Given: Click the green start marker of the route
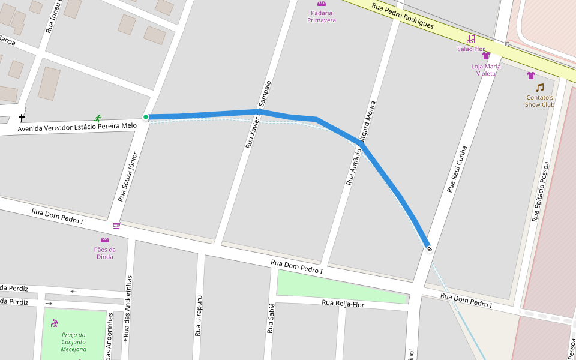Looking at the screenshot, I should [x=146, y=117].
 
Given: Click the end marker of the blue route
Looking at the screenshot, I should [x=429, y=248].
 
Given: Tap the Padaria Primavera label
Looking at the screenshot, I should [x=321, y=16].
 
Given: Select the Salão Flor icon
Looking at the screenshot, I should [x=472, y=39].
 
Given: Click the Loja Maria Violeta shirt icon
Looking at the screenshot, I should [x=486, y=56].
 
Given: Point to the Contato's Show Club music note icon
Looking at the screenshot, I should [x=539, y=88].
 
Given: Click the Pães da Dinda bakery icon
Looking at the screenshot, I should [x=104, y=240].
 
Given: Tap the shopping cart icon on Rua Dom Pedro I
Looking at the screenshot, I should [x=116, y=226].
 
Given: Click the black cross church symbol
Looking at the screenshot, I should [x=22, y=118].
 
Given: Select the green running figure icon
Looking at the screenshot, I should [x=98, y=119].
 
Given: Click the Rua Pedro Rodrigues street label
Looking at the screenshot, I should [x=403, y=16].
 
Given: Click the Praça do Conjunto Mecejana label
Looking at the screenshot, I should [x=74, y=342].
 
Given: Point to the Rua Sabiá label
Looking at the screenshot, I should [x=271, y=319].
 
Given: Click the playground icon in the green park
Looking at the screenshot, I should [x=55, y=323].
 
